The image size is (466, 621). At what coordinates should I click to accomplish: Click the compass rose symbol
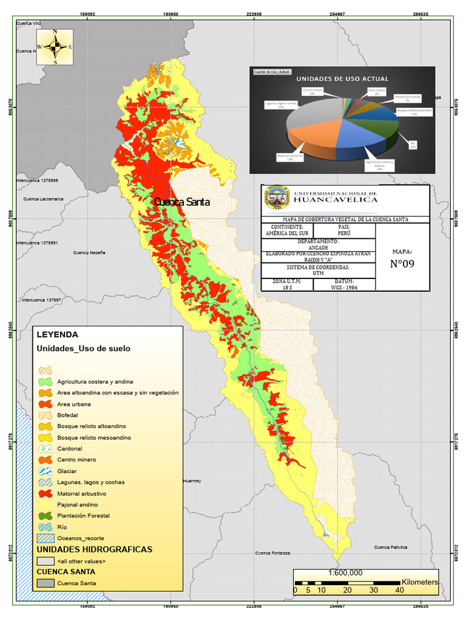pos(55,46)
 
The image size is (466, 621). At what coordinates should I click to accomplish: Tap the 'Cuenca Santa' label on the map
pos(181,202)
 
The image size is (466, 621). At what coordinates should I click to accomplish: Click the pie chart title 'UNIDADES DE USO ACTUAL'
pos(342,79)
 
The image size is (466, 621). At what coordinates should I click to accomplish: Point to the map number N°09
pos(402,264)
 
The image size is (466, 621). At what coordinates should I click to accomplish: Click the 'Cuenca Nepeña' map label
pos(89,252)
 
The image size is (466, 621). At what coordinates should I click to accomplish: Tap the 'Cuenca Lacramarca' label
pos(43,199)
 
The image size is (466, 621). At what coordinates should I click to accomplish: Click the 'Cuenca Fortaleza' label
pos(272,553)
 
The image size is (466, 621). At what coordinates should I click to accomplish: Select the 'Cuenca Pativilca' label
pos(390,547)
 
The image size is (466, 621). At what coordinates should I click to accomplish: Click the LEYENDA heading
pos(57,334)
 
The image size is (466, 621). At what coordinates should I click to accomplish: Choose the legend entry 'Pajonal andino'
pos(77,505)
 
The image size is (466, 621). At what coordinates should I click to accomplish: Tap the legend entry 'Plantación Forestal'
pos(83,515)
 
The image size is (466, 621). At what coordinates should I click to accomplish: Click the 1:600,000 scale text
pos(345,572)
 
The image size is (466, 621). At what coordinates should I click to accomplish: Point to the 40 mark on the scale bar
pos(399,590)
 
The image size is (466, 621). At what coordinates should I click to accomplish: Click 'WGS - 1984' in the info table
pos(343,287)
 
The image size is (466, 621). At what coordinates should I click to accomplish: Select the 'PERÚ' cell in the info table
pos(343,232)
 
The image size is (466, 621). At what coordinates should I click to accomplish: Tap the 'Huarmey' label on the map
pos(191,481)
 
